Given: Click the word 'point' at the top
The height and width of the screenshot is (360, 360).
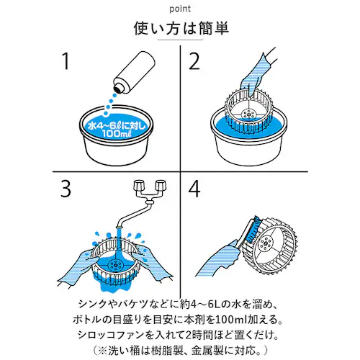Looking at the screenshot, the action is click(x=180, y=9).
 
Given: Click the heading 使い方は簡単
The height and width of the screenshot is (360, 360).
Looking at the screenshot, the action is click(x=181, y=28).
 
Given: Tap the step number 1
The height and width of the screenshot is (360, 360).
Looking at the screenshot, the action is click(x=66, y=61).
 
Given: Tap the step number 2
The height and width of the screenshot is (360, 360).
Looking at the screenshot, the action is click(x=194, y=61).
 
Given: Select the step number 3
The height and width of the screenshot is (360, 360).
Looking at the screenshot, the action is click(x=66, y=189).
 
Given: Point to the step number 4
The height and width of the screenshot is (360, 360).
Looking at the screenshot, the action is click(x=194, y=189).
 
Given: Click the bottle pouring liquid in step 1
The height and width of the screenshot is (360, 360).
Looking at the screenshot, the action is click(x=135, y=71).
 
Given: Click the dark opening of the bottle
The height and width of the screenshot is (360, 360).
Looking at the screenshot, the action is click(x=119, y=88).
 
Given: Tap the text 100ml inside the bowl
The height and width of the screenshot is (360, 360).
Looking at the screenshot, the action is click(x=117, y=133).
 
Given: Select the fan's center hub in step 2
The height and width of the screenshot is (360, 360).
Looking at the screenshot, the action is click(x=248, y=114).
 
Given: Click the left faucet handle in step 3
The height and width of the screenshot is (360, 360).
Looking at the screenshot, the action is click(x=139, y=185).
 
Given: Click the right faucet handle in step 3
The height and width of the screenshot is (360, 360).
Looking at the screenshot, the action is click(x=161, y=185).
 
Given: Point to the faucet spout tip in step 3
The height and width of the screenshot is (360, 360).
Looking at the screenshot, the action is click(x=119, y=226).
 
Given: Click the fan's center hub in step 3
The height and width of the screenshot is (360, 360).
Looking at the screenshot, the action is click(x=115, y=264).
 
